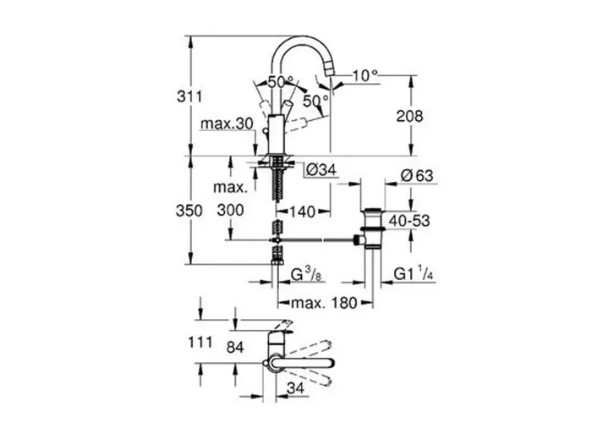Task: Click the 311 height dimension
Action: (x=189, y=96)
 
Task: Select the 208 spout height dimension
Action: (x=409, y=116)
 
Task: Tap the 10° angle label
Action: (x=365, y=75)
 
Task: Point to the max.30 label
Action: (x=227, y=124)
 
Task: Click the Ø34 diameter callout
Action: (x=321, y=170)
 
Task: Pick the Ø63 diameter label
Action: (x=417, y=176)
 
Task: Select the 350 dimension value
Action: (x=189, y=211)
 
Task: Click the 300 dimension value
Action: (x=230, y=210)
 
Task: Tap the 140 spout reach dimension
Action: (x=302, y=211)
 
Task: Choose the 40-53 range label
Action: (x=409, y=221)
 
